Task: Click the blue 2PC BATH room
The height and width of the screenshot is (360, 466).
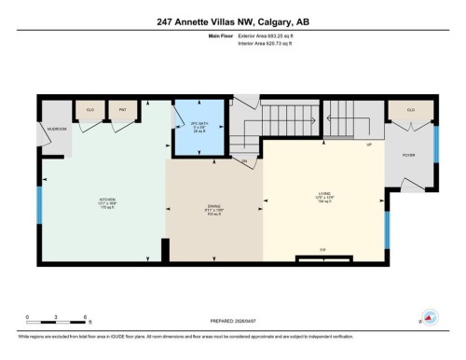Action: pos(197,125)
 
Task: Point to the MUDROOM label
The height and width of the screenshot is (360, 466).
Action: pos(57,129)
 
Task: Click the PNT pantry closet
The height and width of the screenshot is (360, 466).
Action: pos(121,109)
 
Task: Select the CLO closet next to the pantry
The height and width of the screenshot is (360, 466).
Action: pos(90,109)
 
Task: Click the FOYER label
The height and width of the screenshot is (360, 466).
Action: pos(408,155)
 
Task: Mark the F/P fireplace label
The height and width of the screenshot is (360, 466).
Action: pos(322,250)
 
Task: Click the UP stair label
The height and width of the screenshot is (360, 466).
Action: pos(369,145)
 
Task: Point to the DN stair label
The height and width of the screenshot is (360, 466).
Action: pos(245,162)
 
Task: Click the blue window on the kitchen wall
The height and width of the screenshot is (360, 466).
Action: pos(39,205)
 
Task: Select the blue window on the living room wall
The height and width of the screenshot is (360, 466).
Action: pos(386,229)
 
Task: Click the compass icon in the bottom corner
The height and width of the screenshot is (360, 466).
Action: pos(430,318)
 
